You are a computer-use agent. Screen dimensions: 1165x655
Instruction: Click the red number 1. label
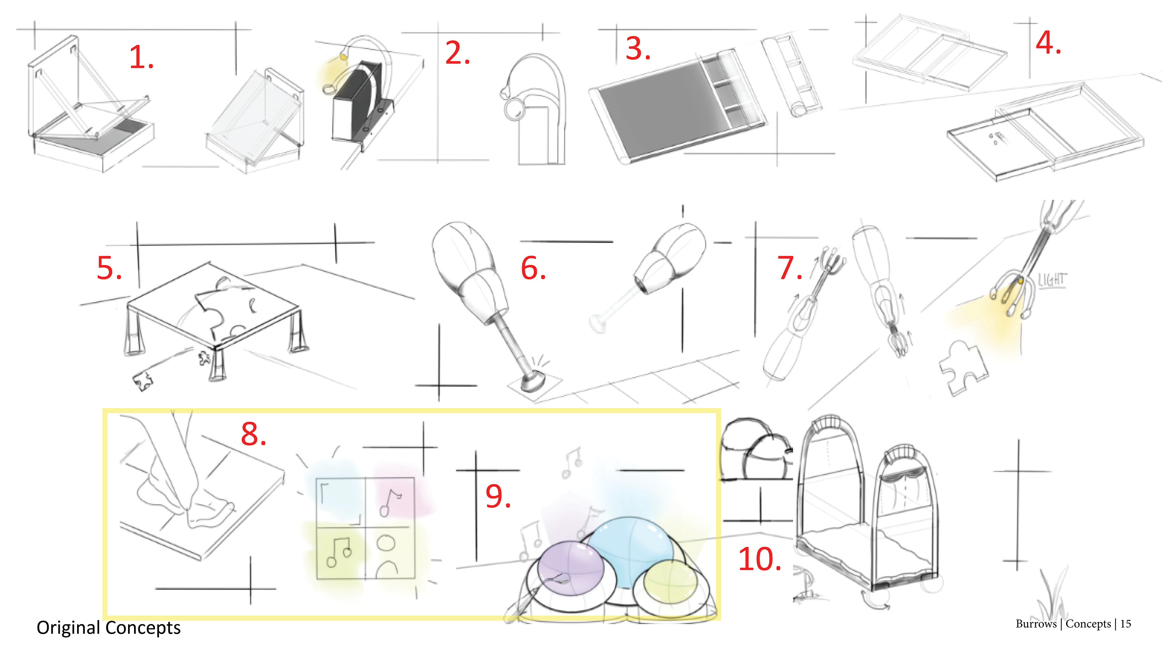pyautogui.click(x=141, y=58)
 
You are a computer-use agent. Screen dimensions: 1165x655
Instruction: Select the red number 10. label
pyautogui.click(x=759, y=559)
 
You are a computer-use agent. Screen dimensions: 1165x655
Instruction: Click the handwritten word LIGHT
pyautogui.click(x=1052, y=280)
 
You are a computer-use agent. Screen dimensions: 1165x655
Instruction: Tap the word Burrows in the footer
pyautogui.click(x=1036, y=624)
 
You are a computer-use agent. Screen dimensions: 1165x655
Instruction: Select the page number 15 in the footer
pyautogui.click(x=1126, y=624)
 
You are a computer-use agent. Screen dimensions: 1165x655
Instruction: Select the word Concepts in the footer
pyautogui.click(x=1088, y=624)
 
